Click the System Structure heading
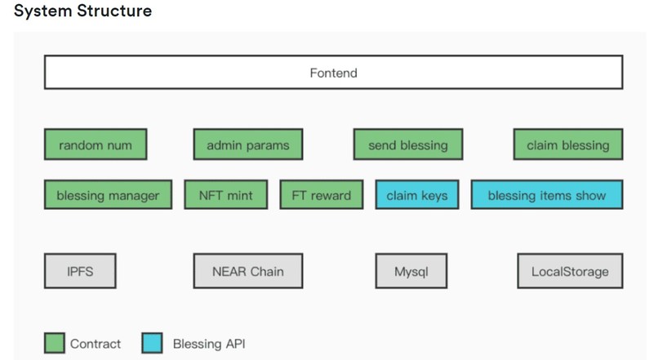tap(82, 11)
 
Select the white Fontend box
tap(333, 73)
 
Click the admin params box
tap(247, 145)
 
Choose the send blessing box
tap(408, 145)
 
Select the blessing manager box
tap(108, 195)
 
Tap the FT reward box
tap(321, 195)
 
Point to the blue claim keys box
tap(416, 195)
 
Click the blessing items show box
tap(546, 195)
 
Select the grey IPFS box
tap(80, 271)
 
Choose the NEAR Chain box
tap(248, 271)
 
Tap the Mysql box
tap(410, 271)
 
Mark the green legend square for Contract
tap(54, 343)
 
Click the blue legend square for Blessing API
tap(152, 343)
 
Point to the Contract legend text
tap(96, 344)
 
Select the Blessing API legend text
tap(208, 344)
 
